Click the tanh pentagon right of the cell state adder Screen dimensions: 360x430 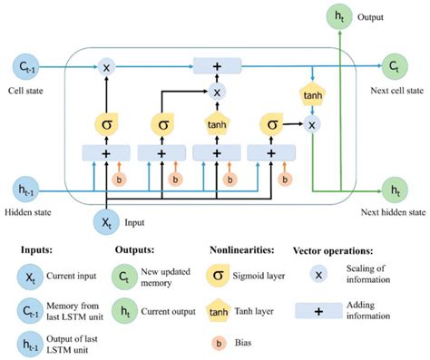(x=311, y=93)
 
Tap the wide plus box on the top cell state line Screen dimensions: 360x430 (x=216, y=66)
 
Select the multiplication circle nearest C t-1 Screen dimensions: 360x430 (x=107, y=66)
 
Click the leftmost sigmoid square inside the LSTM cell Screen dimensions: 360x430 (x=107, y=121)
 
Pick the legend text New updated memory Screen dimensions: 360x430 (x=164, y=276)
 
